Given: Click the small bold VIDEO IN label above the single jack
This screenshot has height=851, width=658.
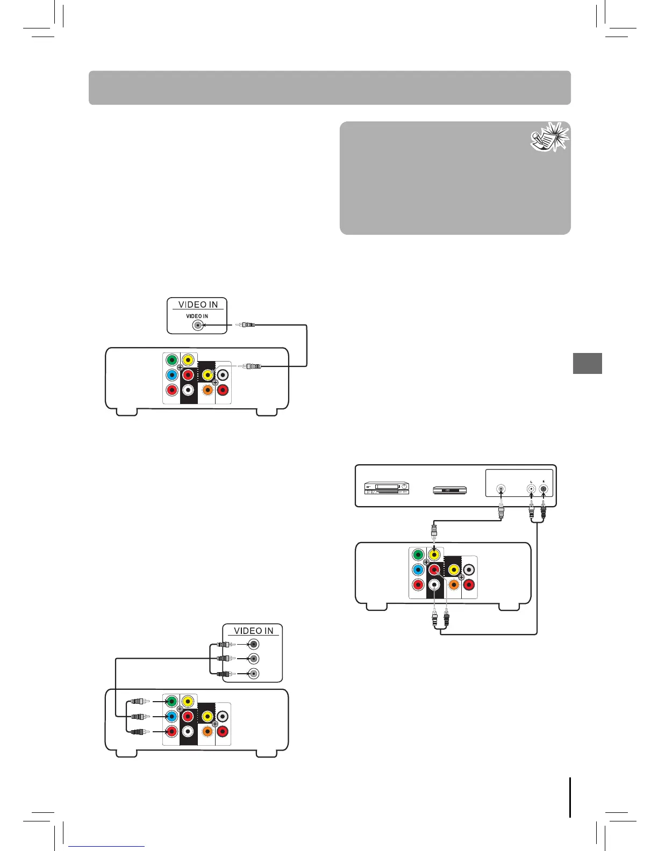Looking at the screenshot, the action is pos(197,316).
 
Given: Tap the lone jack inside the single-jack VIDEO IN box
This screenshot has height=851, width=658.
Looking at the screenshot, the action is pos(198,326).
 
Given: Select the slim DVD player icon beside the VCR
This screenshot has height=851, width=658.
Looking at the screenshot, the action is pos(450,490).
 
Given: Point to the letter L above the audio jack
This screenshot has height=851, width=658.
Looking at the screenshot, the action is pos(531,481).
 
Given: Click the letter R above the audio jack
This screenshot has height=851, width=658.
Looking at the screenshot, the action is pos(543,481).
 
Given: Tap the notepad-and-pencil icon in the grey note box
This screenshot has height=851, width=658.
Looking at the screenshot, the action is pos(549,138).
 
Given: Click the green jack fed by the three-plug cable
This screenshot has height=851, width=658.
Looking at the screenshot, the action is pos(171,701).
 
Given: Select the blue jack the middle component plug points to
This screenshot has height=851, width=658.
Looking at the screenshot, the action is pos(171,716).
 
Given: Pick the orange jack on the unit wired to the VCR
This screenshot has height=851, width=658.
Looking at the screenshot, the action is pos(454,585).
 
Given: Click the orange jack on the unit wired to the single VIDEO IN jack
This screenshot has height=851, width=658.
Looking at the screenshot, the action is pos(207,390).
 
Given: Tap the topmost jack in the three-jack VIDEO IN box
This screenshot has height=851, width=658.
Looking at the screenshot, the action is pos(254,644).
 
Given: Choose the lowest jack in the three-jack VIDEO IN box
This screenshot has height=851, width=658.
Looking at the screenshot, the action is pos(254,674).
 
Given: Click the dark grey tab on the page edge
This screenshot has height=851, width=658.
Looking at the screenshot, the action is pos(587,363).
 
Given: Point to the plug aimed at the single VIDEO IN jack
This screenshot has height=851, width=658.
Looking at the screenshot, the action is pos(245,325).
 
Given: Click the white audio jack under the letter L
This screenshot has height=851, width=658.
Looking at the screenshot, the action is pos(532,489).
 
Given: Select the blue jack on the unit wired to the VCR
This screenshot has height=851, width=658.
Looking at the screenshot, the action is pos(418,570).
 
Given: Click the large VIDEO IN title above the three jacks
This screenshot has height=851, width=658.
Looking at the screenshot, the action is pos(253,631).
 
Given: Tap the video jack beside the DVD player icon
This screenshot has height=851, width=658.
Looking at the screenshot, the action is pos(501,489).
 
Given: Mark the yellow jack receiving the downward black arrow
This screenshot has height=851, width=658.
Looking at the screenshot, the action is pos(434,555).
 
